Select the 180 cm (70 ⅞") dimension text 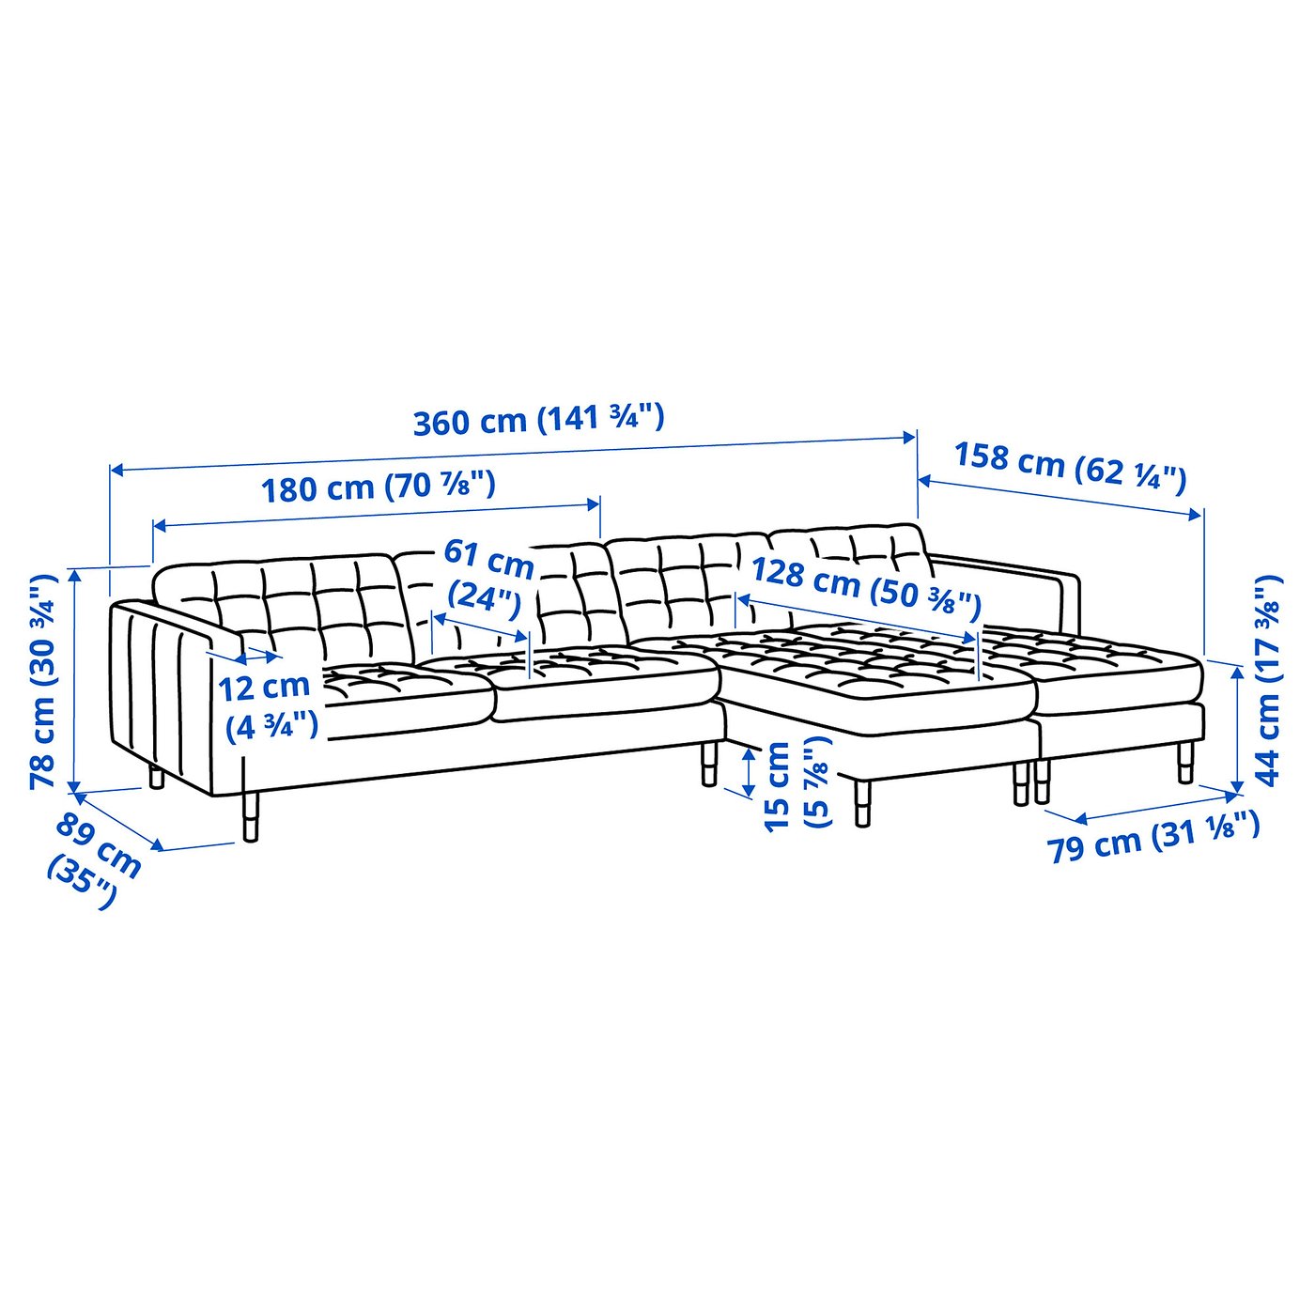click(378, 487)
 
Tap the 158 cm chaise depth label click(1070, 467)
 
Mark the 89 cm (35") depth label click(94, 859)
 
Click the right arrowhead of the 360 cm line click(911, 437)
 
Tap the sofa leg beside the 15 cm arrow click(709, 763)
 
